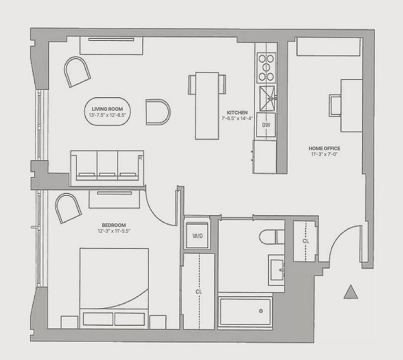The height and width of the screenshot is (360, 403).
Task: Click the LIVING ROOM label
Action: (x=107, y=109)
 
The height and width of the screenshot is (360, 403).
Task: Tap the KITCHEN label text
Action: (x=237, y=112)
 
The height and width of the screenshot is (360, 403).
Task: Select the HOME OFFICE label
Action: (x=324, y=148)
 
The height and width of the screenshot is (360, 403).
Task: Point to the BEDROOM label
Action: (x=114, y=225)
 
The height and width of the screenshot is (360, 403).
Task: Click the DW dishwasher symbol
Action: (x=266, y=125)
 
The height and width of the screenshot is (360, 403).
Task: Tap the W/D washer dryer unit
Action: (x=197, y=235)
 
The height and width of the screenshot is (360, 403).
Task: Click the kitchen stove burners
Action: (x=266, y=67)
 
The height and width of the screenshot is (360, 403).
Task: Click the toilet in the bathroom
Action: (x=272, y=237)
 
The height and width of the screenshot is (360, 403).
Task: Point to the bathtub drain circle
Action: (x=261, y=311)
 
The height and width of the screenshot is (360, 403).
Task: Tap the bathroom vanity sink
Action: (x=276, y=270)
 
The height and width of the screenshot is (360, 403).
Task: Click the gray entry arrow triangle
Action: (x=350, y=292)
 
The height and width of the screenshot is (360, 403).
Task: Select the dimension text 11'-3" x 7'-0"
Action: (x=324, y=154)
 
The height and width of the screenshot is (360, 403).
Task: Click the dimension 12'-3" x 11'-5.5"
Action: (x=114, y=231)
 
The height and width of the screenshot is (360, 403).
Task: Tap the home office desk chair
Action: (x=335, y=105)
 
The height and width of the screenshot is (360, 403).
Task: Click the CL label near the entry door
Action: (x=306, y=241)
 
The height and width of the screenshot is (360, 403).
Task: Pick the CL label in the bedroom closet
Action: (x=199, y=292)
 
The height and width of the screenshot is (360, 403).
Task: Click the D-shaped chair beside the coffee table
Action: (x=158, y=112)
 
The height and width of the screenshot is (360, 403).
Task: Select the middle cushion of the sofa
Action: (x=107, y=165)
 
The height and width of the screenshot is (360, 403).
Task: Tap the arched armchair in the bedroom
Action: (x=68, y=208)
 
